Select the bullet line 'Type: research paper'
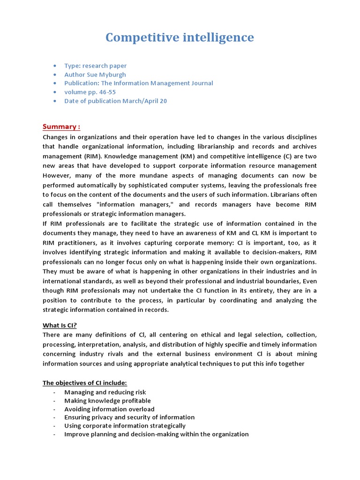click(95, 66)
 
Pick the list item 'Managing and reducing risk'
click(105, 392)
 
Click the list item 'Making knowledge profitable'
click(107, 400)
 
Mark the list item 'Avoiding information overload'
click(111, 409)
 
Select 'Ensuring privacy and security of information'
click(129, 417)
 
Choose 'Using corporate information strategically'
click(125, 426)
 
